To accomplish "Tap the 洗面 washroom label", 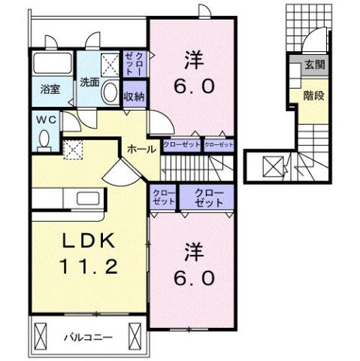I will [89, 83].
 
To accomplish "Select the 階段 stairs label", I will [314, 96].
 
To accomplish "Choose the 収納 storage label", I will [135, 96].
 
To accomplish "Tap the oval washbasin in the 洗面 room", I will [110, 94].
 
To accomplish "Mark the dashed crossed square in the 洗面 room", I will [109, 65].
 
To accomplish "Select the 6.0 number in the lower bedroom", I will [193, 277].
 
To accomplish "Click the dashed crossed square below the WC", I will [73, 150].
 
